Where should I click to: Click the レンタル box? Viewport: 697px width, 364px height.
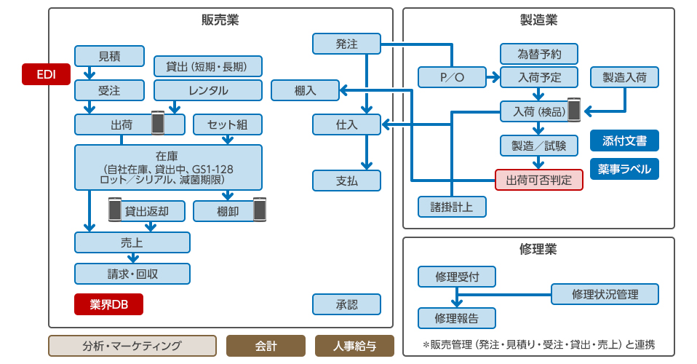[x=208, y=90]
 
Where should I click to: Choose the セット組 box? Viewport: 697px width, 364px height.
[x=228, y=125]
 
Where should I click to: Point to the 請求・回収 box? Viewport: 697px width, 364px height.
[x=132, y=274]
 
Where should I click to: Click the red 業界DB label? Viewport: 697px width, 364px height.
[x=108, y=304]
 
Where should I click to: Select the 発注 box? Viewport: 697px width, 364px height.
[x=346, y=44]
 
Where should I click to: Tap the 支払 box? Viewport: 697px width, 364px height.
[x=346, y=180]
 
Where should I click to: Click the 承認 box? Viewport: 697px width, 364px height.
[x=346, y=304]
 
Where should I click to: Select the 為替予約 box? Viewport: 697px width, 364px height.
[x=538, y=55]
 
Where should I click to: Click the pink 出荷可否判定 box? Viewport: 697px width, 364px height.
[x=539, y=180]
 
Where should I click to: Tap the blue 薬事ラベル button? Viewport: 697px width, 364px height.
[x=624, y=169]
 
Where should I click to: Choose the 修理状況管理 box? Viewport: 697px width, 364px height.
[x=605, y=294]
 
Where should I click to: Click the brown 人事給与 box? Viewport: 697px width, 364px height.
[x=354, y=346]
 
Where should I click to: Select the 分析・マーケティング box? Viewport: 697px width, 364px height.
[x=132, y=346]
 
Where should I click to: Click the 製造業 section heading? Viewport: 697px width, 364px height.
[x=538, y=20]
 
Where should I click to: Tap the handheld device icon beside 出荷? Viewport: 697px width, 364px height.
[x=158, y=124]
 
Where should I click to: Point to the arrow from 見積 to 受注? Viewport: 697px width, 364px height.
[x=89, y=73]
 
